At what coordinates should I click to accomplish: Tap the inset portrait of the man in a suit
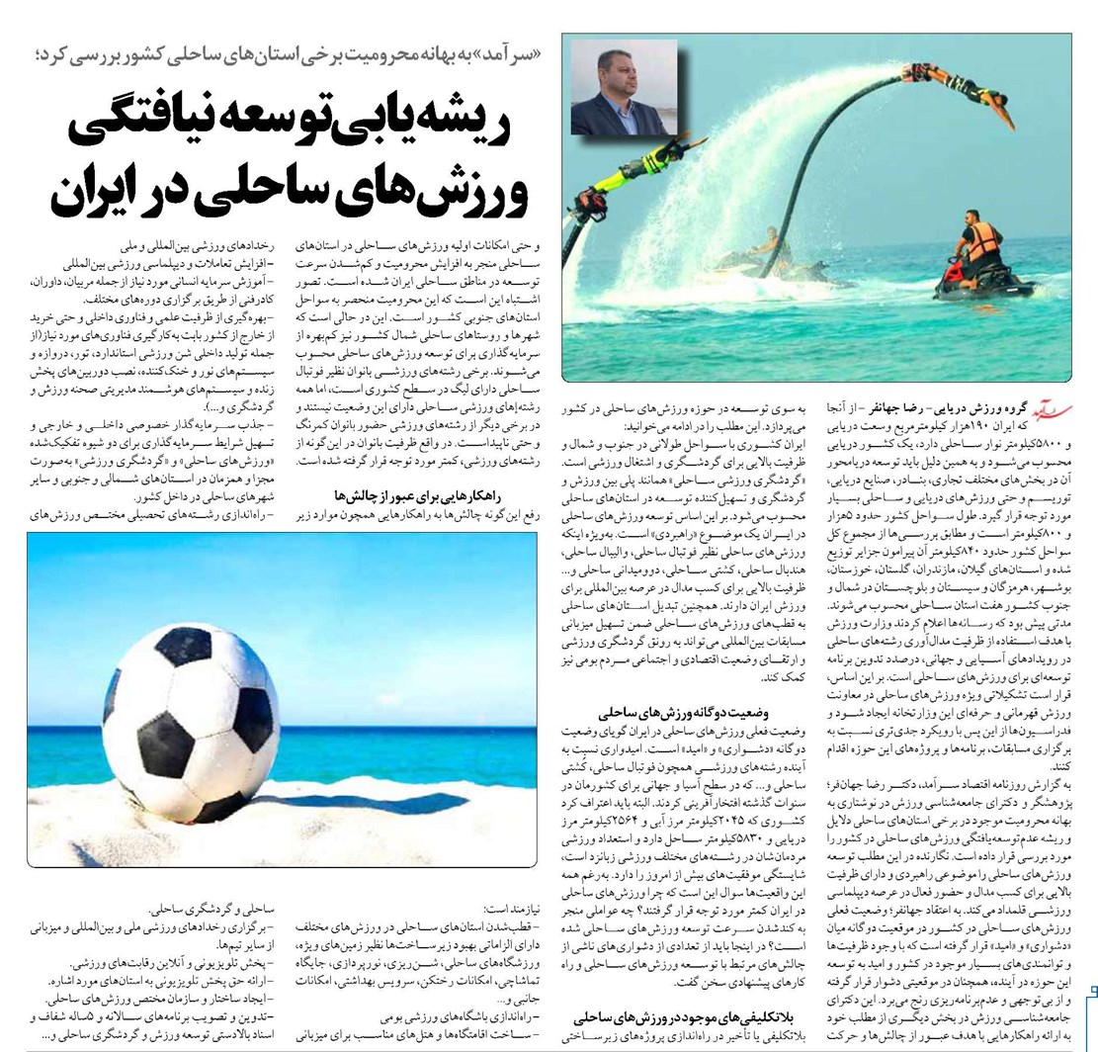pyautogui.click(x=623, y=87)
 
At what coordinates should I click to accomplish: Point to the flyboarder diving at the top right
pyautogui.click(x=972, y=91)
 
